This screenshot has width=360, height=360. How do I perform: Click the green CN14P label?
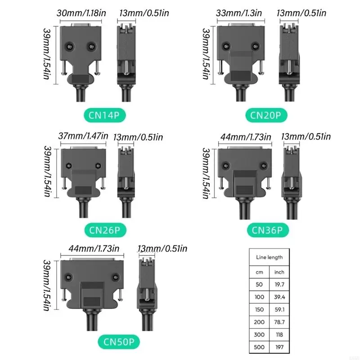tap(103, 116)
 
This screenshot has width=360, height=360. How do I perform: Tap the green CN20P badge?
tap(266, 116)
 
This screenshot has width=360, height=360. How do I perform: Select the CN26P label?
tap(104, 230)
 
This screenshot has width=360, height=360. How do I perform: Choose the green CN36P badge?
tap(267, 230)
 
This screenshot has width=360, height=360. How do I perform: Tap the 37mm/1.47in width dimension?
tap(83, 135)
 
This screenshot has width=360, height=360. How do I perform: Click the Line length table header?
tap(269, 257)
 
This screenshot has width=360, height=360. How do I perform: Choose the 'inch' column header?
tap(279, 272)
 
